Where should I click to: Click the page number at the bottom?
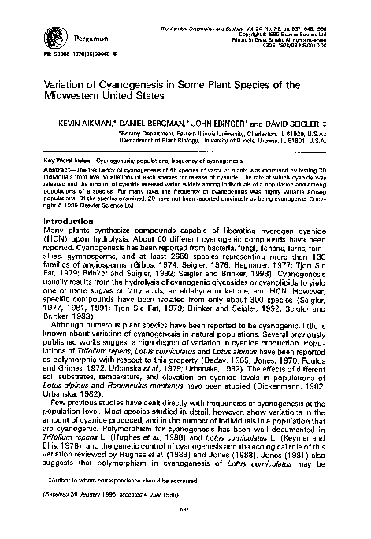click(186, 529)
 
